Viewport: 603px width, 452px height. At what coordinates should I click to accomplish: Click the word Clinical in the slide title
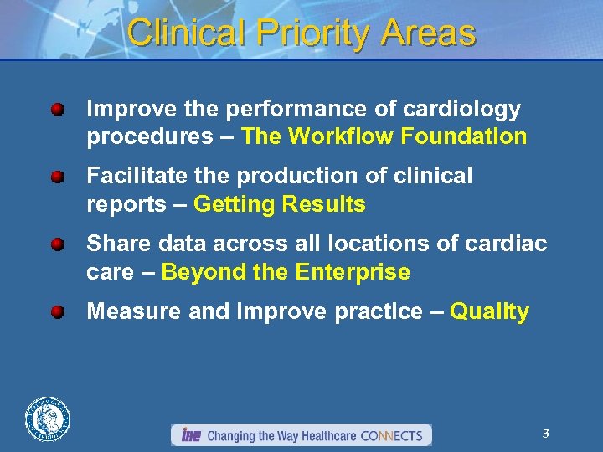(186, 33)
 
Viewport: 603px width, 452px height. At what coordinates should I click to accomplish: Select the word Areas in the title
(428, 33)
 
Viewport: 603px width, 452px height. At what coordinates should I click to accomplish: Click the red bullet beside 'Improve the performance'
(57, 110)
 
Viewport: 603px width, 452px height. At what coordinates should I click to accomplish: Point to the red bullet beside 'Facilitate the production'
(57, 177)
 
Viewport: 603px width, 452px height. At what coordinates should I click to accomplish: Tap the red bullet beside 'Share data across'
(57, 244)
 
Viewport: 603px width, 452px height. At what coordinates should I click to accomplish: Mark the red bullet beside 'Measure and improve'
(57, 312)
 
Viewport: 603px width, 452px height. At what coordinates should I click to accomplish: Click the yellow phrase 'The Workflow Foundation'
(384, 136)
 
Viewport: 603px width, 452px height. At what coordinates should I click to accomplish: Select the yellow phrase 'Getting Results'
(279, 204)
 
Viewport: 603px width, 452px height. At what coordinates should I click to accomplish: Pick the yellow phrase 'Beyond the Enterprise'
(286, 272)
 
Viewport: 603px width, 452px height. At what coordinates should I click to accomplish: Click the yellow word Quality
(489, 312)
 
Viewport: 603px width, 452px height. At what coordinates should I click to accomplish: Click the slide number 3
(545, 433)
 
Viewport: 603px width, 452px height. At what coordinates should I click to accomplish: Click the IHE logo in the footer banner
(190, 435)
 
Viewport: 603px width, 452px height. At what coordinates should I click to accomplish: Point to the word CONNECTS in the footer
(391, 435)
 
